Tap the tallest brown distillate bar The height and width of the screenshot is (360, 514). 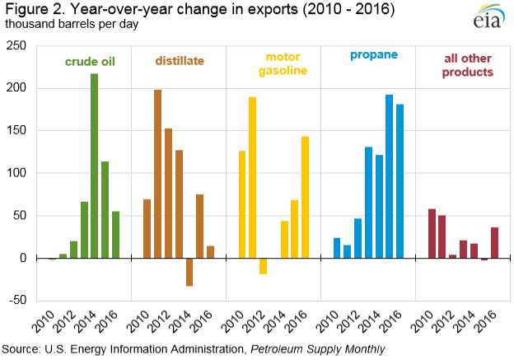point(157,174)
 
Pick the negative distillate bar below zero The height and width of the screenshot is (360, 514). point(189,272)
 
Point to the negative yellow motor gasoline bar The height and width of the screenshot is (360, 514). point(263,265)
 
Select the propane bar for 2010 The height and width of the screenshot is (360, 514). point(337,248)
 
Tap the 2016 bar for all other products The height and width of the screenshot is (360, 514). point(494,243)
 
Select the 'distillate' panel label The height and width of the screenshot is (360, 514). point(180,61)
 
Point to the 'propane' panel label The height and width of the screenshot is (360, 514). point(373,55)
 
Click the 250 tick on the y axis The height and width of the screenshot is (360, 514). point(16,45)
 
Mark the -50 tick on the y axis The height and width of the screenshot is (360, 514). point(17,301)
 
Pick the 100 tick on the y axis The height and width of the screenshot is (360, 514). point(16,173)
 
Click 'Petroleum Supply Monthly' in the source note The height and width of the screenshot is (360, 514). point(320,349)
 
